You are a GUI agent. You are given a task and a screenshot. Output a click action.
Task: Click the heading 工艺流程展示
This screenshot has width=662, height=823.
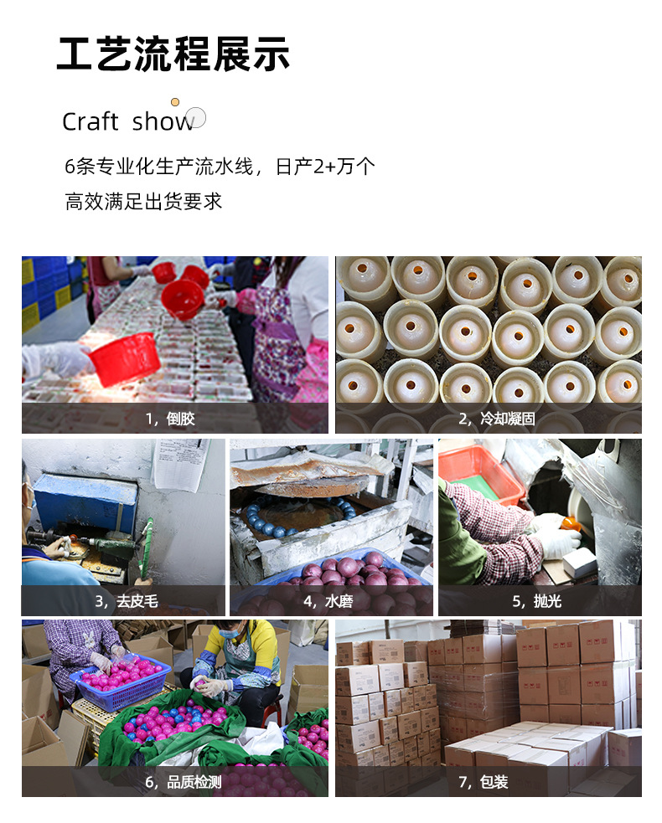pos(173,54)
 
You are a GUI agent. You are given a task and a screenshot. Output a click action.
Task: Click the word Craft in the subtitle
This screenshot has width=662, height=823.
pos(90,122)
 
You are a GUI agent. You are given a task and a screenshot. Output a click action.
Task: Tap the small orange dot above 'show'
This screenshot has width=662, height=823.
pos(175,102)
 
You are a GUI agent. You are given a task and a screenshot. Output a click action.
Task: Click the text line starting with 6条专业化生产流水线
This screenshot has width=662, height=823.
pos(220,167)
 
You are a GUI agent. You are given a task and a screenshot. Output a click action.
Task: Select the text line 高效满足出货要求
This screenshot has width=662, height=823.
pos(143,202)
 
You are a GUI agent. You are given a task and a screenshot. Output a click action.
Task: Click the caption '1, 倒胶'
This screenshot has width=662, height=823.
pos(175,419)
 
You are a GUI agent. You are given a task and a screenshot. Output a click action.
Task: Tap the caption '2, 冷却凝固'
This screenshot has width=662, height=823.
pos(489,419)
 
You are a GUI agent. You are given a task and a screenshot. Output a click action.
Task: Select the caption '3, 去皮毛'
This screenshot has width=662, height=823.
pos(123,601)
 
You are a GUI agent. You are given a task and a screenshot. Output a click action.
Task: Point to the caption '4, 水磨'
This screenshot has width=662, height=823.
pos(331,601)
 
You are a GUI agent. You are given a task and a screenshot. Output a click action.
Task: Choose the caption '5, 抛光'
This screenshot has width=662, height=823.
pos(540,601)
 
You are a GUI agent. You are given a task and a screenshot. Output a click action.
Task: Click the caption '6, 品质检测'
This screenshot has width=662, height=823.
pos(175,782)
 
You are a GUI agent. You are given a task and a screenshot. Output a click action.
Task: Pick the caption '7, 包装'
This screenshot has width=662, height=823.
pos(489,782)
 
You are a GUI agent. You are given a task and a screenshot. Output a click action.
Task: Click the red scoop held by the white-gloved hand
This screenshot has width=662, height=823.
pos(123,358)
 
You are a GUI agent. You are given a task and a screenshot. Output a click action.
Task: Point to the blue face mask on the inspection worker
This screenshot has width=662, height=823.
pos(229,634)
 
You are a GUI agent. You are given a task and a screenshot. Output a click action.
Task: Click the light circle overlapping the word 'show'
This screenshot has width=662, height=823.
pos(196,118)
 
